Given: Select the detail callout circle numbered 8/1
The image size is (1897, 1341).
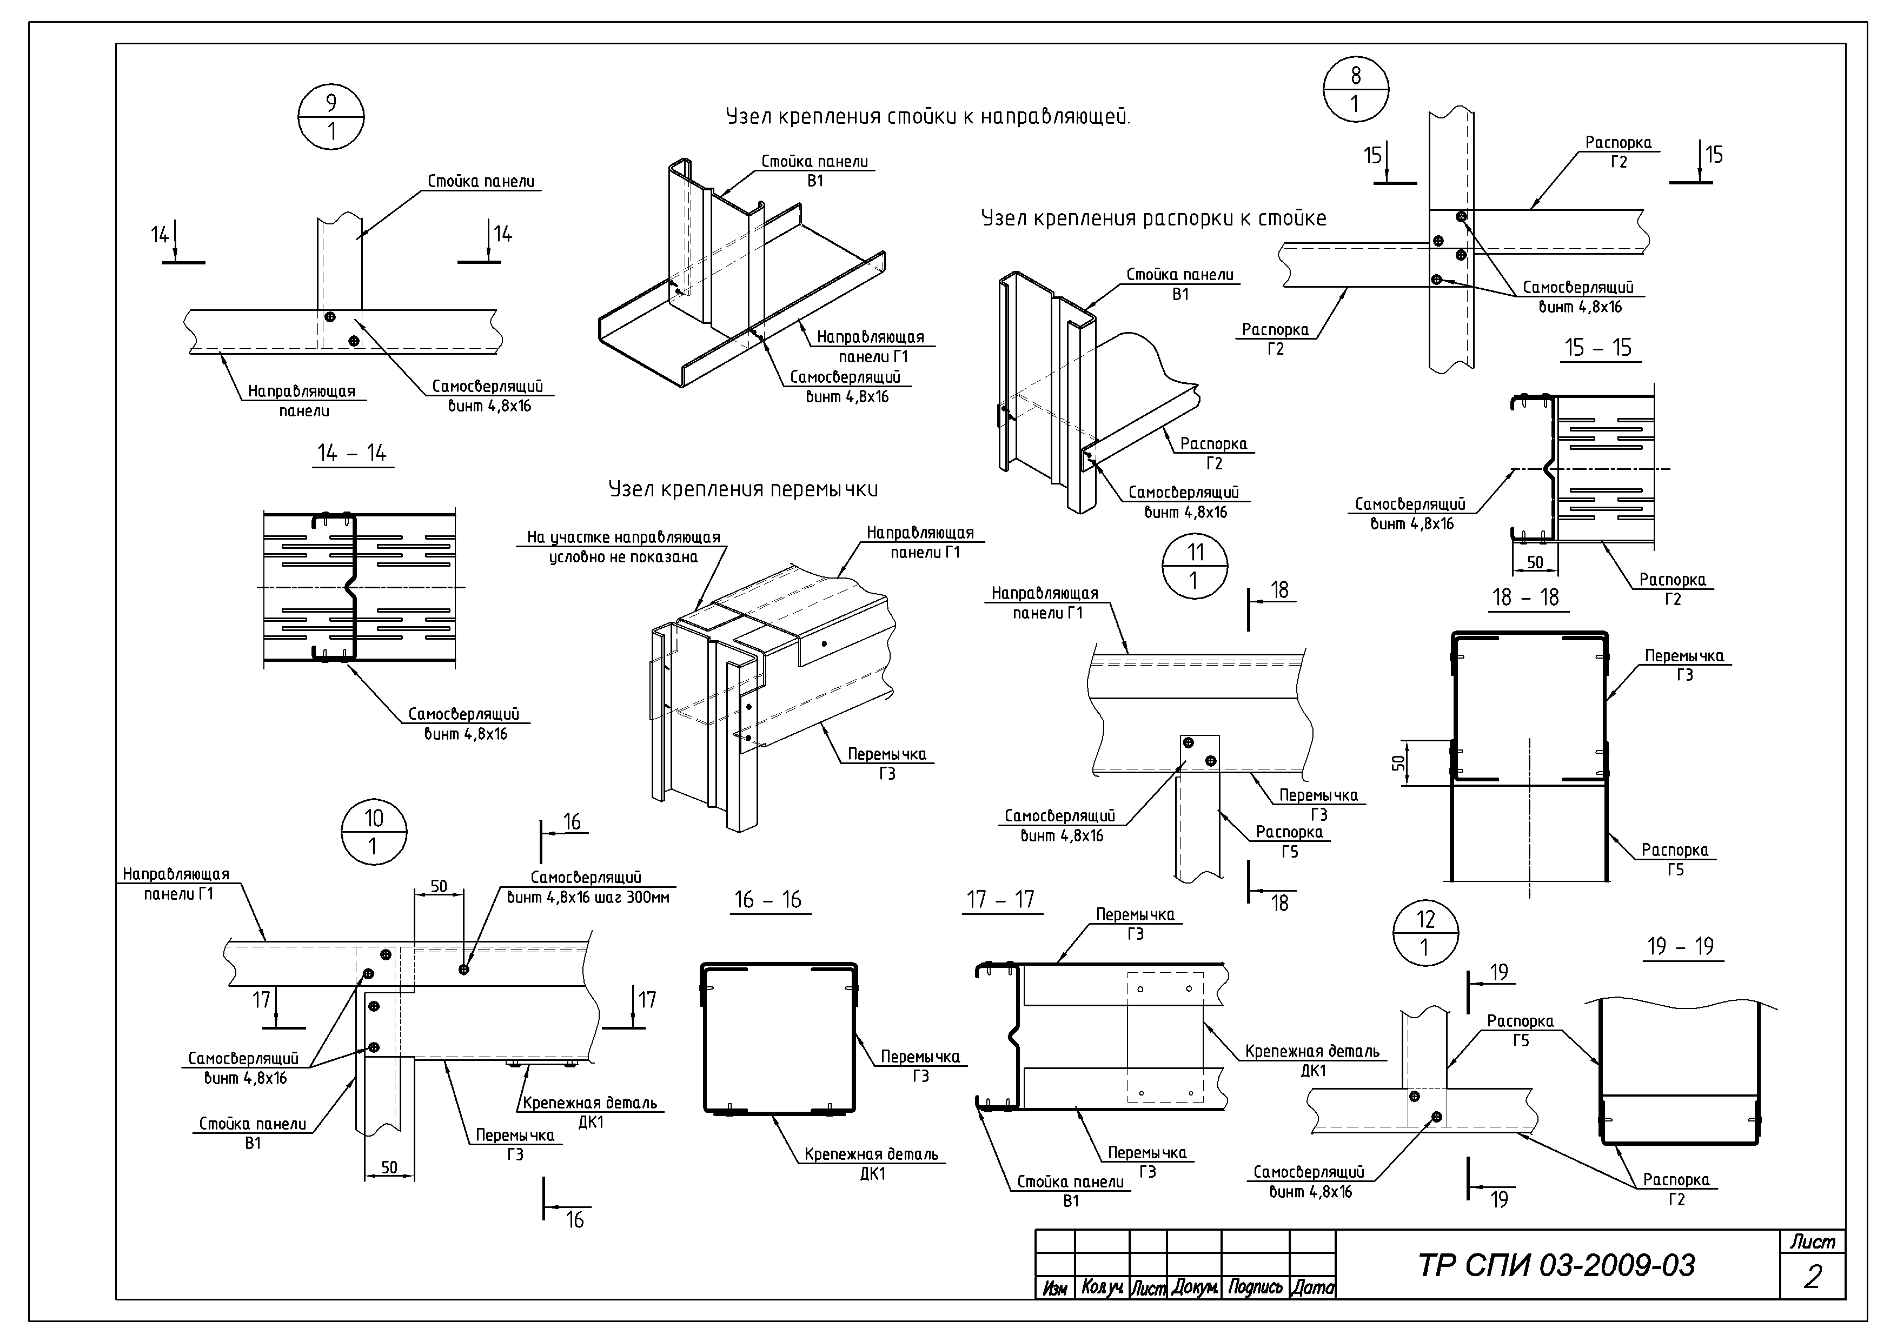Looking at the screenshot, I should point(1355,89).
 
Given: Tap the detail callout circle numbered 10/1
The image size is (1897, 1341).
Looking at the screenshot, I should point(374,832).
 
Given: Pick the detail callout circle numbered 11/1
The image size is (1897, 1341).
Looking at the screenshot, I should point(1195,567).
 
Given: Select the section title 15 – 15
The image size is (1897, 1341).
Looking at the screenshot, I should point(1598,348).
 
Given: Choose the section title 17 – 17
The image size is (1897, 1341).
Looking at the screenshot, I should point(1000,900).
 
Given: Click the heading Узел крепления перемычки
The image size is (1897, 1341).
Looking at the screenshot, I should point(743,489).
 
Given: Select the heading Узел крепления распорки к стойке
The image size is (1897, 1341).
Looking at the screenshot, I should point(1153,219).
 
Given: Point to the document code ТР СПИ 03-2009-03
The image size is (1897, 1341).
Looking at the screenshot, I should point(1557,1265).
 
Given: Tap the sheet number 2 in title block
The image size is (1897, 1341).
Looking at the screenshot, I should point(1812,1277).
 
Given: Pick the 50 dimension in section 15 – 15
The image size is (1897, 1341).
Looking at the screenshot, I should point(1534,562).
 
